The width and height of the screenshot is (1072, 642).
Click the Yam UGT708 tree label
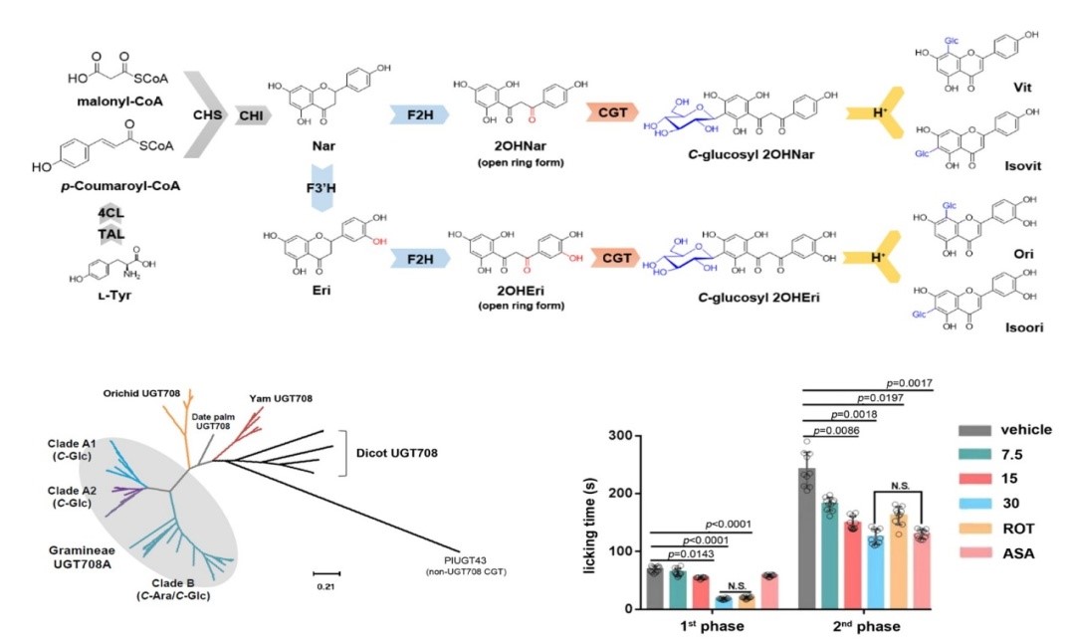[282, 398]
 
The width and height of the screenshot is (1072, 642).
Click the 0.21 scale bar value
[325, 586]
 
